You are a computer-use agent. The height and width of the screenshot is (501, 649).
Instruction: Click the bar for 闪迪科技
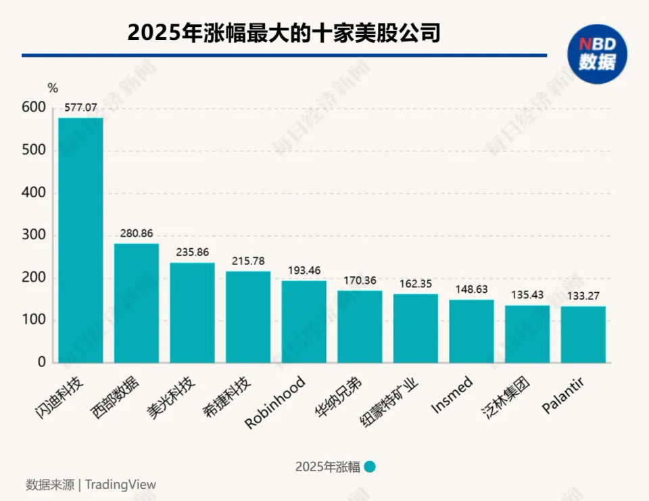pyautogui.click(x=80, y=240)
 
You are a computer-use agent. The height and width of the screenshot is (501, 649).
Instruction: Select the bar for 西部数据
pyautogui.click(x=137, y=303)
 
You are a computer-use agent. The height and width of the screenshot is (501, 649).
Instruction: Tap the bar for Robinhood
pyautogui.click(x=304, y=321)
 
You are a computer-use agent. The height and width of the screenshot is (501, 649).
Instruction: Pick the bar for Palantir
pyautogui.click(x=583, y=334)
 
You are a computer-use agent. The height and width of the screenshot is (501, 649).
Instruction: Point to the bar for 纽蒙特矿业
pyautogui.click(x=416, y=328)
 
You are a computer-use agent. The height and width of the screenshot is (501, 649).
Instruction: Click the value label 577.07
pyautogui.click(x=80, y=107)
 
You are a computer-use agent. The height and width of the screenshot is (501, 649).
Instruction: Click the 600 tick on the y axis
pyautogui.click(x=34, y=108)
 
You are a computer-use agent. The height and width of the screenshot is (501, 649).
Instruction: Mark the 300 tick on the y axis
pyautogui.click(x=34, y=235)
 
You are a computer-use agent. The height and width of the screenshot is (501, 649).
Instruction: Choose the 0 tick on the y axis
pyautogui.click(x=41, y=362)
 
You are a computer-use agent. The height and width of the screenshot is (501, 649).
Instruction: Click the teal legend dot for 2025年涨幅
pyautogui.click(x=370, y=467)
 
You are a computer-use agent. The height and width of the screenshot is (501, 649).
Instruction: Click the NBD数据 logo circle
pyautogui.click(x=597, y=54)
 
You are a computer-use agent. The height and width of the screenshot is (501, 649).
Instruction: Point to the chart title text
pyautogui.click(x=284, y=32)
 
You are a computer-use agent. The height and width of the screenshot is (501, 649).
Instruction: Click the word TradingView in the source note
pyautogui.click(x=121, y=484)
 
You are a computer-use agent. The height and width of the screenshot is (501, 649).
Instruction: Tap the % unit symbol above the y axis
pyautogui.click(x=53, y=88)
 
